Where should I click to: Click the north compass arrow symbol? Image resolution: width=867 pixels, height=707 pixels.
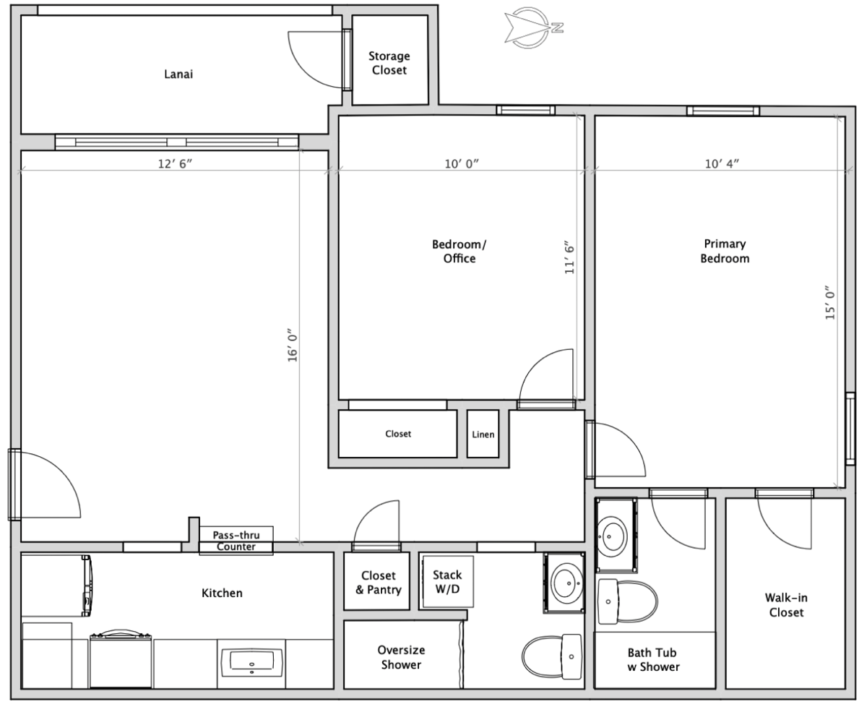pos(534,27)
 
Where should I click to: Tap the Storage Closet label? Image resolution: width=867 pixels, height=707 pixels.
pos(389,63)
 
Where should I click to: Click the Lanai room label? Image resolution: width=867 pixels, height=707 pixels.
pos(178,74)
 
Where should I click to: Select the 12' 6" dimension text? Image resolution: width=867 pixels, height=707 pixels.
pos(175,163)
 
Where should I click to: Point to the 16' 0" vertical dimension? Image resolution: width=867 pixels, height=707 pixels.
pos(293,345)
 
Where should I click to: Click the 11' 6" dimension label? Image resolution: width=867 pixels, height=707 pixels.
pos(569,260)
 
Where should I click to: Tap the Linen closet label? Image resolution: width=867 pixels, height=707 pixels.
pos(483,434)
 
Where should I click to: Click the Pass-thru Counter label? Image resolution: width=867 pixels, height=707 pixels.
pos(236,541)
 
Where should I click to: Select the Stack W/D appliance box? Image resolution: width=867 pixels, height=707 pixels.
pos(448,581)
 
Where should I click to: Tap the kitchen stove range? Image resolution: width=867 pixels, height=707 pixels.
pos(121,659)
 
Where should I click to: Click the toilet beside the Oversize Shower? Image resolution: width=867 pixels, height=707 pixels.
pos(552,656)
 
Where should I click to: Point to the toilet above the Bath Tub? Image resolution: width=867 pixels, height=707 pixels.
pos(627,601)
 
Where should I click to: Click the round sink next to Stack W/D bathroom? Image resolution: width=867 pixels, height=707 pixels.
pos(566,583)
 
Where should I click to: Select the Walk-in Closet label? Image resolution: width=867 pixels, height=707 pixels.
pos(786,605)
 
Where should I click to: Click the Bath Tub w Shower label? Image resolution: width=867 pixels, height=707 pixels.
pos(653,660)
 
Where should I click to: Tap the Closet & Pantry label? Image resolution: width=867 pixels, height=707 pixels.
pos(379,583)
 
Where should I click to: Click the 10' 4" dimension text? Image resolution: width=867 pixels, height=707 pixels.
pos(722,163)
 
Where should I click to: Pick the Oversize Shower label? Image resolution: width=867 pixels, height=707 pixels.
pos(401,657)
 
